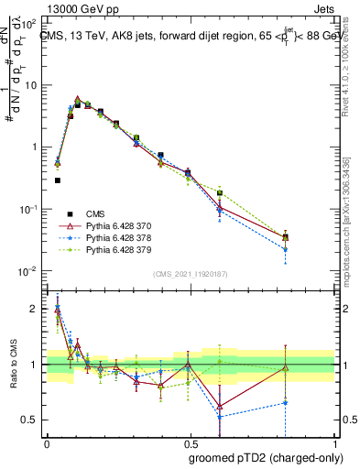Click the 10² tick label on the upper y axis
tap(29, 22)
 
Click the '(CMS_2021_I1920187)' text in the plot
tap(190, 274)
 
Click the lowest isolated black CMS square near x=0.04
tap(57, 180)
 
